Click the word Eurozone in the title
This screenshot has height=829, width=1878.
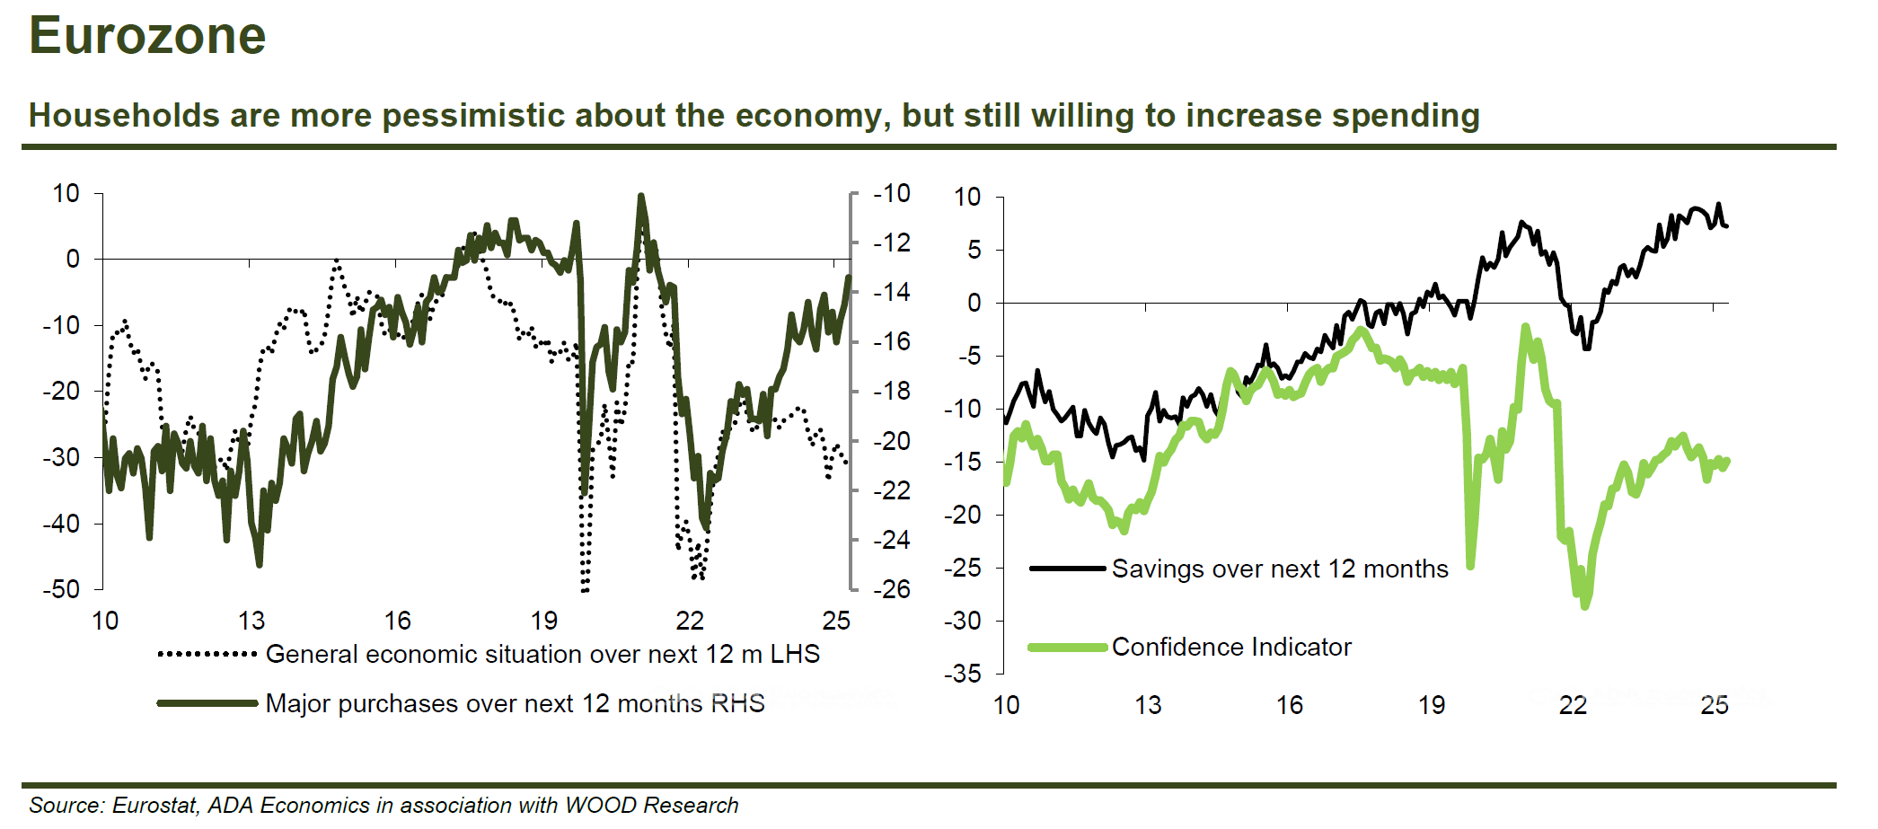click(147, 36)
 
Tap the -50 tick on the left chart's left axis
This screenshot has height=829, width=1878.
click(61, 589)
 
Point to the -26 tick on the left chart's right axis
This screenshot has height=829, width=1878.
click(892, 589)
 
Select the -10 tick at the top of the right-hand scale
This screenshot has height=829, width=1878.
click(892, 193)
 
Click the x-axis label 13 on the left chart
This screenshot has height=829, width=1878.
click(251, 621)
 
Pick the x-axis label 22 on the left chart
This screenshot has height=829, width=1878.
click(690, 621)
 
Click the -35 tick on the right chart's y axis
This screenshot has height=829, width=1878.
click(962, 674)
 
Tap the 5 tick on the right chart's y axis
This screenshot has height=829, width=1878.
click(974, 250)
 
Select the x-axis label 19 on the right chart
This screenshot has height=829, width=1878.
click(1432, 705)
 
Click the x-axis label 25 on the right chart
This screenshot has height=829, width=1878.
click(1715, 705)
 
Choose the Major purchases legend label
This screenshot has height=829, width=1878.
click(515, 703)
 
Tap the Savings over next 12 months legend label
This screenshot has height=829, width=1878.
click(1280, 569)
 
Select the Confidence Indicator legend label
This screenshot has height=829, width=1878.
click(1231, 647)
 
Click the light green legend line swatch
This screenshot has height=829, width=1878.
click(1067, 647)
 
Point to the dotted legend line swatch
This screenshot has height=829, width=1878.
click(207, 654)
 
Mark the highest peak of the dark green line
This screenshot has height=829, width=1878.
click(640, 195)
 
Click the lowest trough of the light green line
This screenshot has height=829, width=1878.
click(1584, 606)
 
